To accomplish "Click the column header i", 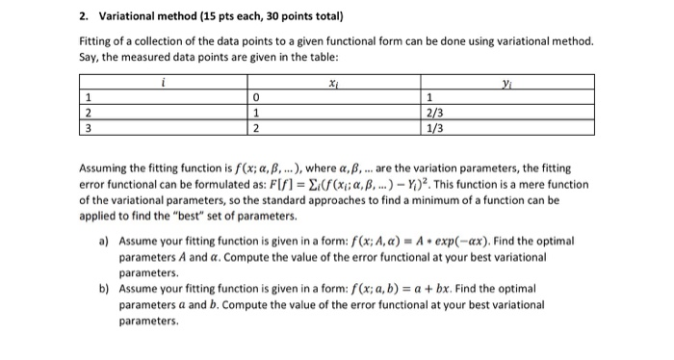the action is tap(162, 85).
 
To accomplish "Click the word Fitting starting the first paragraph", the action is tap(94, 43).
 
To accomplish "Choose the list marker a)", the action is tap(103, 240).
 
